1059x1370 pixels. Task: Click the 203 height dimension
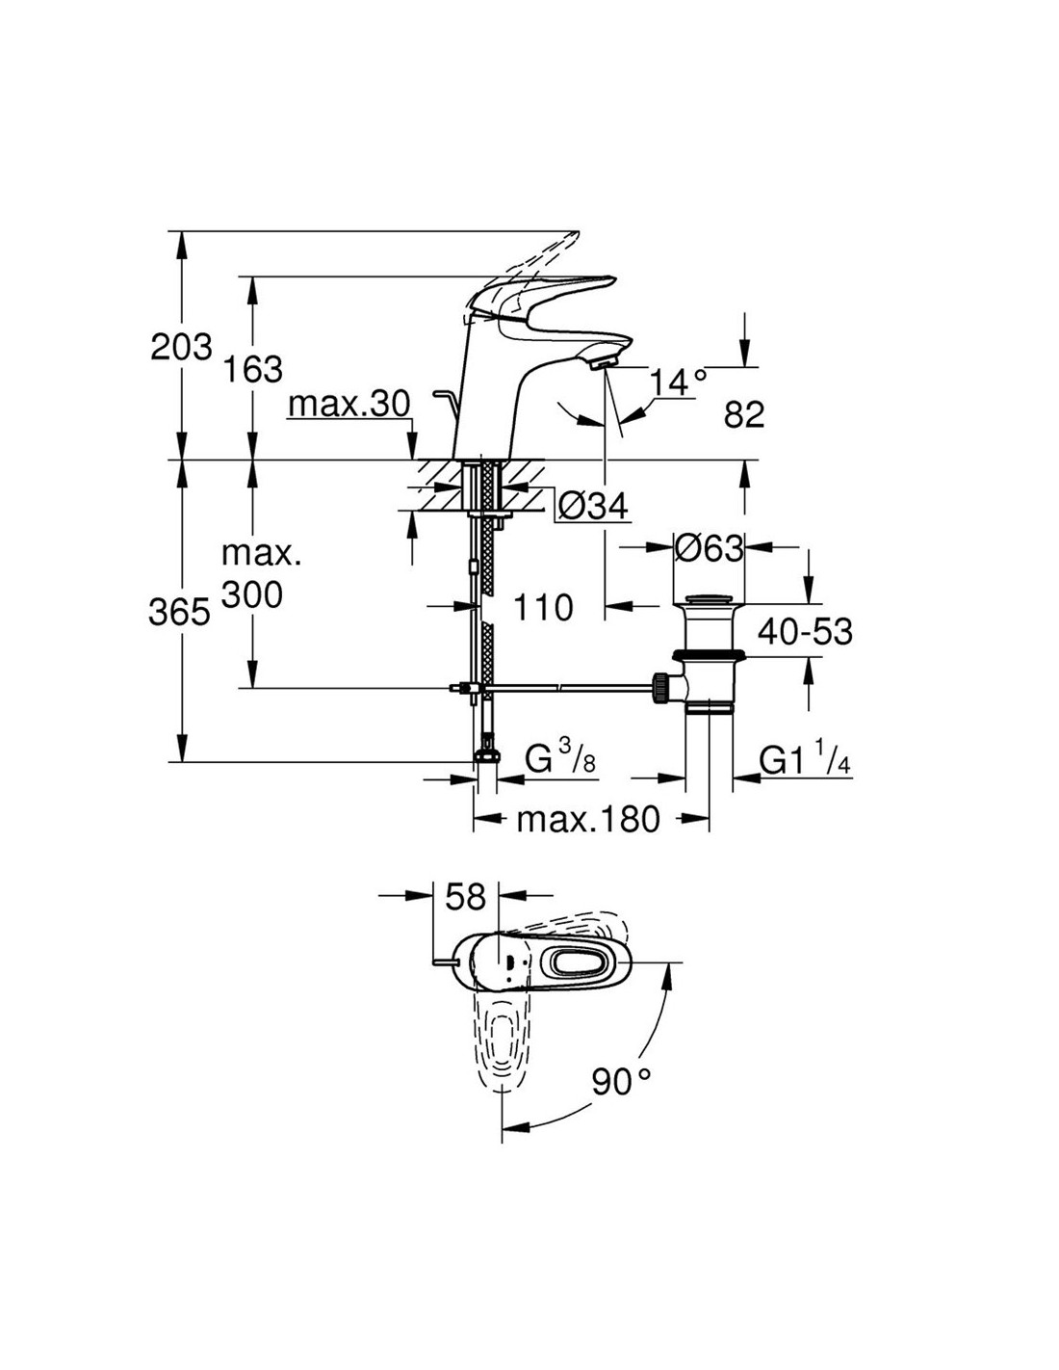point(181,348)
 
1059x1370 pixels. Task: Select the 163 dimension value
point(253,369)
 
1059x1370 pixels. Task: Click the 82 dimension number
point(744,414)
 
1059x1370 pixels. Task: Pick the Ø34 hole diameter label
point(593,505)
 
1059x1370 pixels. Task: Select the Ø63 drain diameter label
point(709,548)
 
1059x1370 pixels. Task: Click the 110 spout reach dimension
point(543,608)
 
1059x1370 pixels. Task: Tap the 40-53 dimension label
point(805,631)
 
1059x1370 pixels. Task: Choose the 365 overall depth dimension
point(179,612)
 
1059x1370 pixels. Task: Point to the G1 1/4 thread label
point(805,760)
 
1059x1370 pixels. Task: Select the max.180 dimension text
point(588,819)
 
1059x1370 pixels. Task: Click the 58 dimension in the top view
point(466,896)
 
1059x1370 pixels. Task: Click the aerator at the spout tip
point(602,363)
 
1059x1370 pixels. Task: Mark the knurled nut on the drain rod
point(660,689)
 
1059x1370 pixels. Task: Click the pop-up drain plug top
point(709,598)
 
